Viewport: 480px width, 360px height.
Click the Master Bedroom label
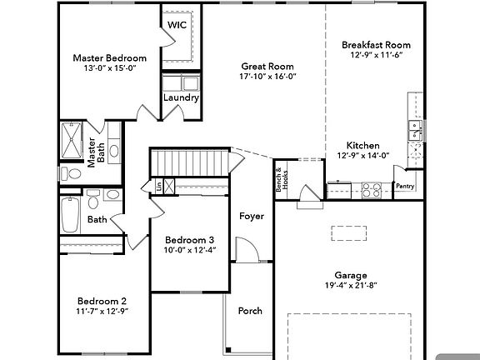(109, 58)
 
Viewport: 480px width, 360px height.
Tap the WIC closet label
(177, 25)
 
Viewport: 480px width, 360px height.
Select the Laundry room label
(181, 97)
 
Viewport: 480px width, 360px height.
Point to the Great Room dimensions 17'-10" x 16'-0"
(267, 77)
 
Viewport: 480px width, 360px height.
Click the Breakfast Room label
(376, 45)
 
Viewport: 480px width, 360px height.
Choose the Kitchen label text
(363, 145)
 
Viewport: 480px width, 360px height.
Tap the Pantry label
(405, 187)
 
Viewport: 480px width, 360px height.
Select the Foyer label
(251, 217)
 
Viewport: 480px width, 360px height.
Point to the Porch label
(250, 311)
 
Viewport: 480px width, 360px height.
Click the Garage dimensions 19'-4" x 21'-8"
(352, 286)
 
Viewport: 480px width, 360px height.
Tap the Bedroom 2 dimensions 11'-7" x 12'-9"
(102, 312)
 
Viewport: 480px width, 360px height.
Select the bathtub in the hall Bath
(70, 215)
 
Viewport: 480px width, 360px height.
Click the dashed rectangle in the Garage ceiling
(351, 233)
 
